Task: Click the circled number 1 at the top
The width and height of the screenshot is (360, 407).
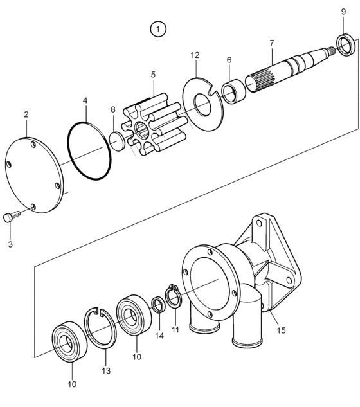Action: pyautogui.click(x=158, y=29)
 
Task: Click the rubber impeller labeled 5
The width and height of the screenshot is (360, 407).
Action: pyautogui.click(x=155, y=124)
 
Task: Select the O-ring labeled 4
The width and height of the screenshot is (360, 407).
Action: pyautogui.click(x=90, y=151)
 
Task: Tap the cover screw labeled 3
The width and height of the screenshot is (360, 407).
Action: pyautogui.click(x=12, y=216)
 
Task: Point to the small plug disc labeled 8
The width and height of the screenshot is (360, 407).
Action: pyautogui.click(x=117, y=141)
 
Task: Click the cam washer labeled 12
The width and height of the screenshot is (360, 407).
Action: pyautogui.click(x=203, y=104)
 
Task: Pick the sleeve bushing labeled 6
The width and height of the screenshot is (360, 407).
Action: pyautogui.click(x=233, y=91)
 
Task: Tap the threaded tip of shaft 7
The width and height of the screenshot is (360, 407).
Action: pyautogui.click(x=331, y=50)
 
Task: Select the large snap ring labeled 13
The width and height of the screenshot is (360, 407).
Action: pyautogui.click(x=101, y=327)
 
